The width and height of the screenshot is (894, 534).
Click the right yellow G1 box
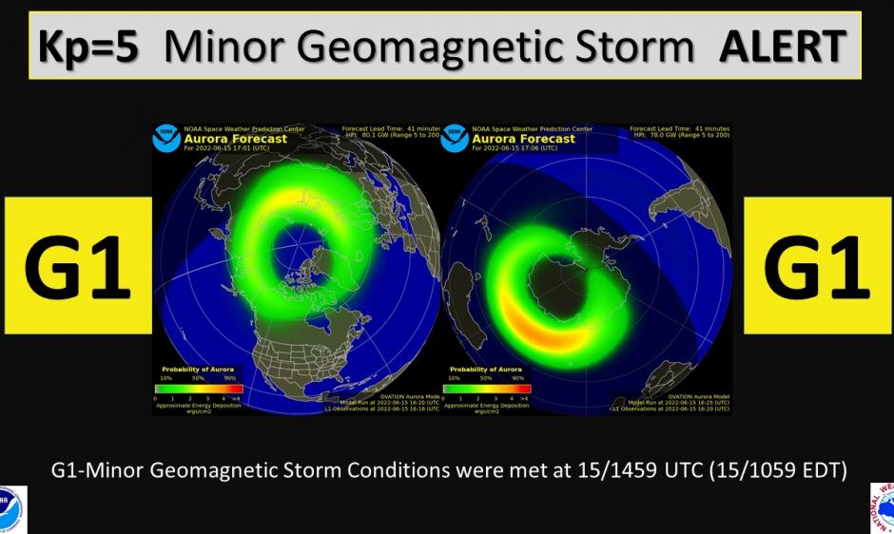[x=817, y=266]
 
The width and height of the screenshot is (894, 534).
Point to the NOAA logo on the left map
[x=166, y=139]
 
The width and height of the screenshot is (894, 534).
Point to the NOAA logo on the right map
[x=455, y=139]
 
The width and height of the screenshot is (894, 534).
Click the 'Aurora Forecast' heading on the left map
[x=221, y=139]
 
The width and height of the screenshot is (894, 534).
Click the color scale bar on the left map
[x=199, y=388]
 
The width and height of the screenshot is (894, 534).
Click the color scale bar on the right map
[x=486, y=388]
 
